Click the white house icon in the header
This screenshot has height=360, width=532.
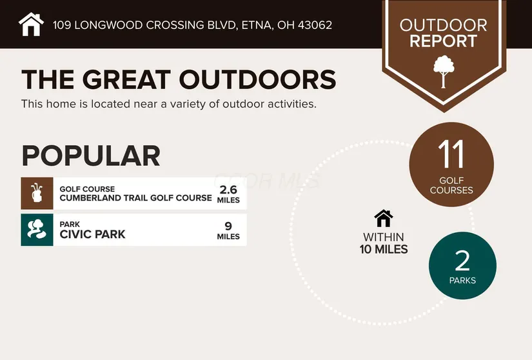pyautogui.click(x=31, y=25)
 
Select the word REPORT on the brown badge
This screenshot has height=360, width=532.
pyautogui.click(x=443, y=41)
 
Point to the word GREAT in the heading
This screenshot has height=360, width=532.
pyautogui.click(x=126, y=79)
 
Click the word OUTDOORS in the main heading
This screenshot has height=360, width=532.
pyautogui.click(x=257, y=79)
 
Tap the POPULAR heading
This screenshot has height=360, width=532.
pyautogui.click(x=91, y=155)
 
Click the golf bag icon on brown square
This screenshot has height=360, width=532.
pyautogui.click(x=37, y=193)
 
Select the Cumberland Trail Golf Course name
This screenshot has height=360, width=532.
pyautogui.click(x=135, y=198)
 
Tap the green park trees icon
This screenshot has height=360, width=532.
pyautogui.click(x=37, y=230)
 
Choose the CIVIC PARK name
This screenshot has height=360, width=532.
pyautogui.click(x=92, y=234)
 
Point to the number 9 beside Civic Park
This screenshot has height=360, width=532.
pyautogui.click(x=228, y=226)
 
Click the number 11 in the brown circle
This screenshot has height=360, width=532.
pyautogui.click(x=451, y=154)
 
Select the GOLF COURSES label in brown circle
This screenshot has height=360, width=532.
pyautogui.click(x=451, y=185)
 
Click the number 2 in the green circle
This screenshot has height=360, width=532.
pyautogui.click(x=462, y=261)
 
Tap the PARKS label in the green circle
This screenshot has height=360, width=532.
pyautogui.click(x=462, y=280)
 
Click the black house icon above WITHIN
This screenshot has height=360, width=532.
pyautogui.click(x=384, y=218)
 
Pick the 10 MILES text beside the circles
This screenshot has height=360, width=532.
pyautogui.click(x=384, y=250)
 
